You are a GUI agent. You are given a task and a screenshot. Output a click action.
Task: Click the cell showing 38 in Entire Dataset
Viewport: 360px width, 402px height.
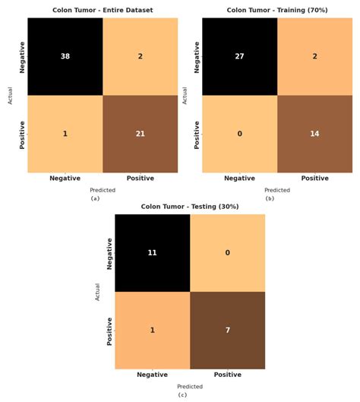point(65,57)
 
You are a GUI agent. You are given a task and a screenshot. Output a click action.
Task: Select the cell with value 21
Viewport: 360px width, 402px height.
point(140,134)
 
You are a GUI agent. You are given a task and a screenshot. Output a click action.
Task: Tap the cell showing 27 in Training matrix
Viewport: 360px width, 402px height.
point(239,57)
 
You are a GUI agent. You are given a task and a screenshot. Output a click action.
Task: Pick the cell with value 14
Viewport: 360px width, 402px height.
point(314,134)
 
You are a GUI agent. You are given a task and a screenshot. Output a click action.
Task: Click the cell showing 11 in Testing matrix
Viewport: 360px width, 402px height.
point(152,252)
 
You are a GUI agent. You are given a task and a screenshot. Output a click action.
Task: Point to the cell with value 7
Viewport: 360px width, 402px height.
point(227,331)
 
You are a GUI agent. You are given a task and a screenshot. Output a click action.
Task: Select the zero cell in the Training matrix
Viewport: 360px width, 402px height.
point(239,134)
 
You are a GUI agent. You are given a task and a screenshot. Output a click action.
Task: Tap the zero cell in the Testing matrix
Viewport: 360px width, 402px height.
point(227,252)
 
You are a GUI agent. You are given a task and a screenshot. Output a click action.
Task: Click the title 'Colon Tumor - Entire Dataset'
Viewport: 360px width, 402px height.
point(103,10)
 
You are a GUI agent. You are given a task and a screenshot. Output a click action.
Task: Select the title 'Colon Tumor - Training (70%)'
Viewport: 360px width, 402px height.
point(276,10)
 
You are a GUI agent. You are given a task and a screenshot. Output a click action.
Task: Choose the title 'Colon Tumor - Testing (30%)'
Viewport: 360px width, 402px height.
point(190,206)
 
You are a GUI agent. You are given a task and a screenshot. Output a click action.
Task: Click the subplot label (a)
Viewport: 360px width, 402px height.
point(95,198)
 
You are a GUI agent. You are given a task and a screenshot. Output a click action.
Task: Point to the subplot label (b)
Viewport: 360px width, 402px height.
point(270,198)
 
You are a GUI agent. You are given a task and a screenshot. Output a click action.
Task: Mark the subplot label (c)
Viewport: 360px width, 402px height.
point(182,395)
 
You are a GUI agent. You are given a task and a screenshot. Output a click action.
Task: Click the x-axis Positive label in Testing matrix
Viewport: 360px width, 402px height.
point(227,375)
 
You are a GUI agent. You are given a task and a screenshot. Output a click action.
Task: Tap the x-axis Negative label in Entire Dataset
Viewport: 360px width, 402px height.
point(65,178)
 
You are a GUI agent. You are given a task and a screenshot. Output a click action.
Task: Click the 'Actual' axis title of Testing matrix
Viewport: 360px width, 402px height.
point(98,292)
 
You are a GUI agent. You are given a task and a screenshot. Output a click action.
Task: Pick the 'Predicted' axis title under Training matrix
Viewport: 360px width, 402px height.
point(277,190)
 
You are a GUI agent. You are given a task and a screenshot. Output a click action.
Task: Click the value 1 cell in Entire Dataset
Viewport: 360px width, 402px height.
point(65,134)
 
